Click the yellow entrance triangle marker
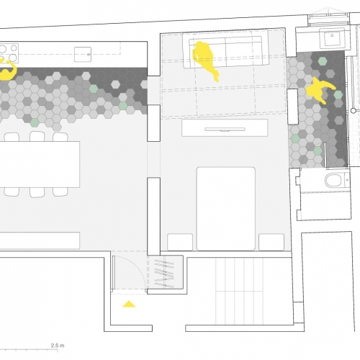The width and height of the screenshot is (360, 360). pyautogui.click(x=129, y=304)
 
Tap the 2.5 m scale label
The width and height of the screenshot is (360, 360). pyautogui.click(x=58, y=346)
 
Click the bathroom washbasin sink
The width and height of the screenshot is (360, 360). pyautogui.click(x=332, y=38)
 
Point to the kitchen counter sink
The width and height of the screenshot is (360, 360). pyautogui.click(x=83, y=55)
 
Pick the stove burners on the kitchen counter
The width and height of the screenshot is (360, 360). pyautogui.click(x=9, y=53)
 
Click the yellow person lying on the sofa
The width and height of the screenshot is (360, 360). pyautogui.click(x=205, y=60)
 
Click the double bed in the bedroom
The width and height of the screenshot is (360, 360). pyautogui.click(x=225, y=209)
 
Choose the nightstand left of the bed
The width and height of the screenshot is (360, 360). pyautogui.click(x=180, y=242)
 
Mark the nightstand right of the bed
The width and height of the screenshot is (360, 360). pyautogui.click(x=271, y=242)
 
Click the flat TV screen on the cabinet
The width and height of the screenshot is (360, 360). pyautogui.click(x=225, y=130)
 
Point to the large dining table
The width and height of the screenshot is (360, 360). pyautogui.click(x=40, y=164)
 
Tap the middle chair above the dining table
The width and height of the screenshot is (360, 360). pyautogui.click(x=37, y=136)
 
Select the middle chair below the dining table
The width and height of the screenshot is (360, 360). pyautogui.click(x=37, y=192)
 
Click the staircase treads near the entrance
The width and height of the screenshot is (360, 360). pyautogui.click(x=240, y=291)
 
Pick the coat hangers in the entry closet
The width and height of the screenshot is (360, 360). pyautogui.click(x=164, y=274)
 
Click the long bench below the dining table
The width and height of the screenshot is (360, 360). pyautogui.click(x=40, y=240)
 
